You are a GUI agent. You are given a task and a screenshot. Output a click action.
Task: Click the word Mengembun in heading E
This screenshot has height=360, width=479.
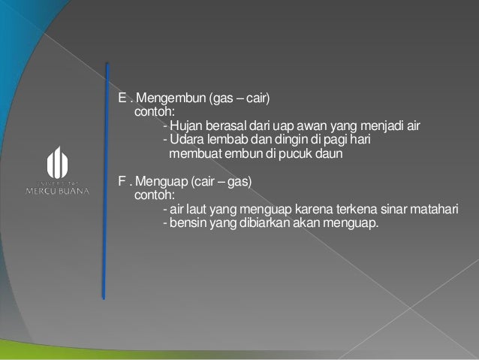click(164, 98)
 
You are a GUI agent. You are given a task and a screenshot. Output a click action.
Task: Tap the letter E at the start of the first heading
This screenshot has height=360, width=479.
click(122, 98)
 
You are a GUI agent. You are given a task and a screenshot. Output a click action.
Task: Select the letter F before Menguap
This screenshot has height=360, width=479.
click(122, 182)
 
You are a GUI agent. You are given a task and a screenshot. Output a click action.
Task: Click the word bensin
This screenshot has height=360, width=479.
click(188, 224)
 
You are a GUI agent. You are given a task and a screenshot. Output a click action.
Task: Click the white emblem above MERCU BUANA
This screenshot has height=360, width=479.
click(58, 162)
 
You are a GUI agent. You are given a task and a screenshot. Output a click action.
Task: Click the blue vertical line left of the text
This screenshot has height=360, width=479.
click(106, 180)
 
